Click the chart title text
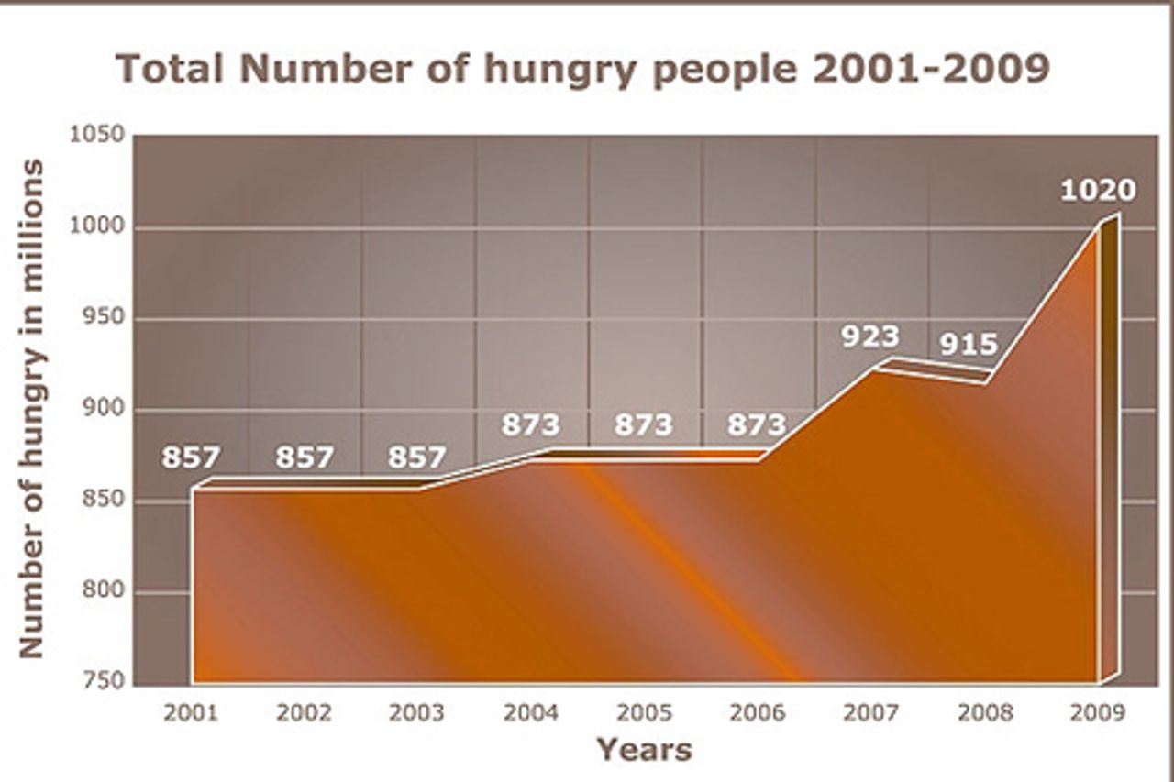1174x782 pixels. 583,70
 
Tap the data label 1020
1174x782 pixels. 1098,190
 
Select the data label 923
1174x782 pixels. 871,336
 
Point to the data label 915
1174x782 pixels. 969,344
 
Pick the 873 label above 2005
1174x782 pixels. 644,425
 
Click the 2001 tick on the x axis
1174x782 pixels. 191,712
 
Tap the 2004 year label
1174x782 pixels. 530,712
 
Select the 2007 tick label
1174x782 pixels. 870,712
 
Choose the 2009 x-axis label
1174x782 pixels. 1097,712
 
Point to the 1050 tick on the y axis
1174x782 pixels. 96,136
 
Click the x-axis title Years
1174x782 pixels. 644,749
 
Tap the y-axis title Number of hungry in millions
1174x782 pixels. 32,408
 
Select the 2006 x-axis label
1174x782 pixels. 757,712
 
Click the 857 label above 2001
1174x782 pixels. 191,457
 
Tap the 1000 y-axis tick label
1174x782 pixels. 96,227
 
